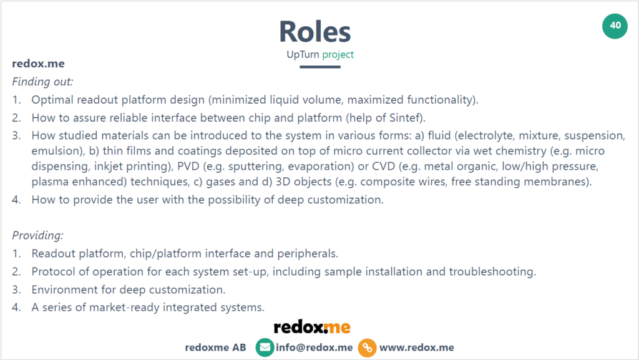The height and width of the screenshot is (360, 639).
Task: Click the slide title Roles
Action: point(315,31)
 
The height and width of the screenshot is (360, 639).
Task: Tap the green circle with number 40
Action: point(615,26)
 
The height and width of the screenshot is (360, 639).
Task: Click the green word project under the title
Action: point(338,54)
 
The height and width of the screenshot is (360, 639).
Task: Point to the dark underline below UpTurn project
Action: point(320,67)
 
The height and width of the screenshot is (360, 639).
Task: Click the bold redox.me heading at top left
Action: point(38,64)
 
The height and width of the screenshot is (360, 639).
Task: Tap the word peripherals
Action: point(312,254)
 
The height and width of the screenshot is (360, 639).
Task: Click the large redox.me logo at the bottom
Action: point(312,327)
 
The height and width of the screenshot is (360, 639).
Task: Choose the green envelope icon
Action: point(265,348)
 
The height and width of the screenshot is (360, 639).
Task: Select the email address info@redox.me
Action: point(315,348)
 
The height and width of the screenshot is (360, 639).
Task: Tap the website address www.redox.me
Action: point(417,348)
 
